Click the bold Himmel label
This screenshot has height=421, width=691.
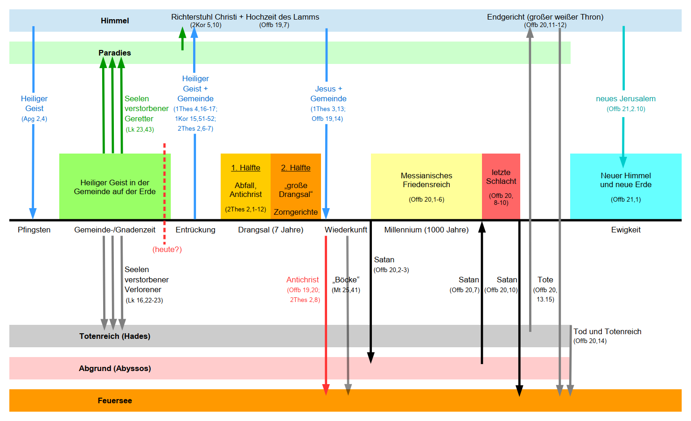(x=115, y=21)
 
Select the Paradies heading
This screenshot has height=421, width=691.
(x=114, y=53)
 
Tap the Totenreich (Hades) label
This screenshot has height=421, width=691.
(x=114, y=336)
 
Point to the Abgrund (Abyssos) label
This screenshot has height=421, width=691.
(x=114, y=368)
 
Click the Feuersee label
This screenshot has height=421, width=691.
(x=114, y=400)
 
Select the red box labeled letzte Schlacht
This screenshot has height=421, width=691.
(x=501, y=186)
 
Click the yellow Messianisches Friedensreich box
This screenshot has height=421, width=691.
(x=426, y=186)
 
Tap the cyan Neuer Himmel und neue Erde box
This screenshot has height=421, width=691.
(x=625, y=186)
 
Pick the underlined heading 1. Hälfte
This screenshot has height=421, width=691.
(x=245, y=168)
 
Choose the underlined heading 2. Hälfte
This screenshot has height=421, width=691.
(x=295, y=168)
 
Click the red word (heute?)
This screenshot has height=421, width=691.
(x=167, y=249)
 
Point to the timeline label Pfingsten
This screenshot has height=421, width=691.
(x=34, y=230)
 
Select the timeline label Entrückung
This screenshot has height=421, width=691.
(x=195, y=230)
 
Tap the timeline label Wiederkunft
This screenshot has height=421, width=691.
(x=346, y=230)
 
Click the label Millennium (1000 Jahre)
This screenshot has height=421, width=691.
(x=426, y=230)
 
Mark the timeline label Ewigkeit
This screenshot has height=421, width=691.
(x=625, y=230)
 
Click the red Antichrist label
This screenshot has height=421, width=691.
(x=302, y=280)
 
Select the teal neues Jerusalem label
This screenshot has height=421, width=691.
(x=625, y=98)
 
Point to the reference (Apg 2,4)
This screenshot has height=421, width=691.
(x=34, y=119)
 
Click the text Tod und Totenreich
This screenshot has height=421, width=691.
(x=607, y=331)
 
